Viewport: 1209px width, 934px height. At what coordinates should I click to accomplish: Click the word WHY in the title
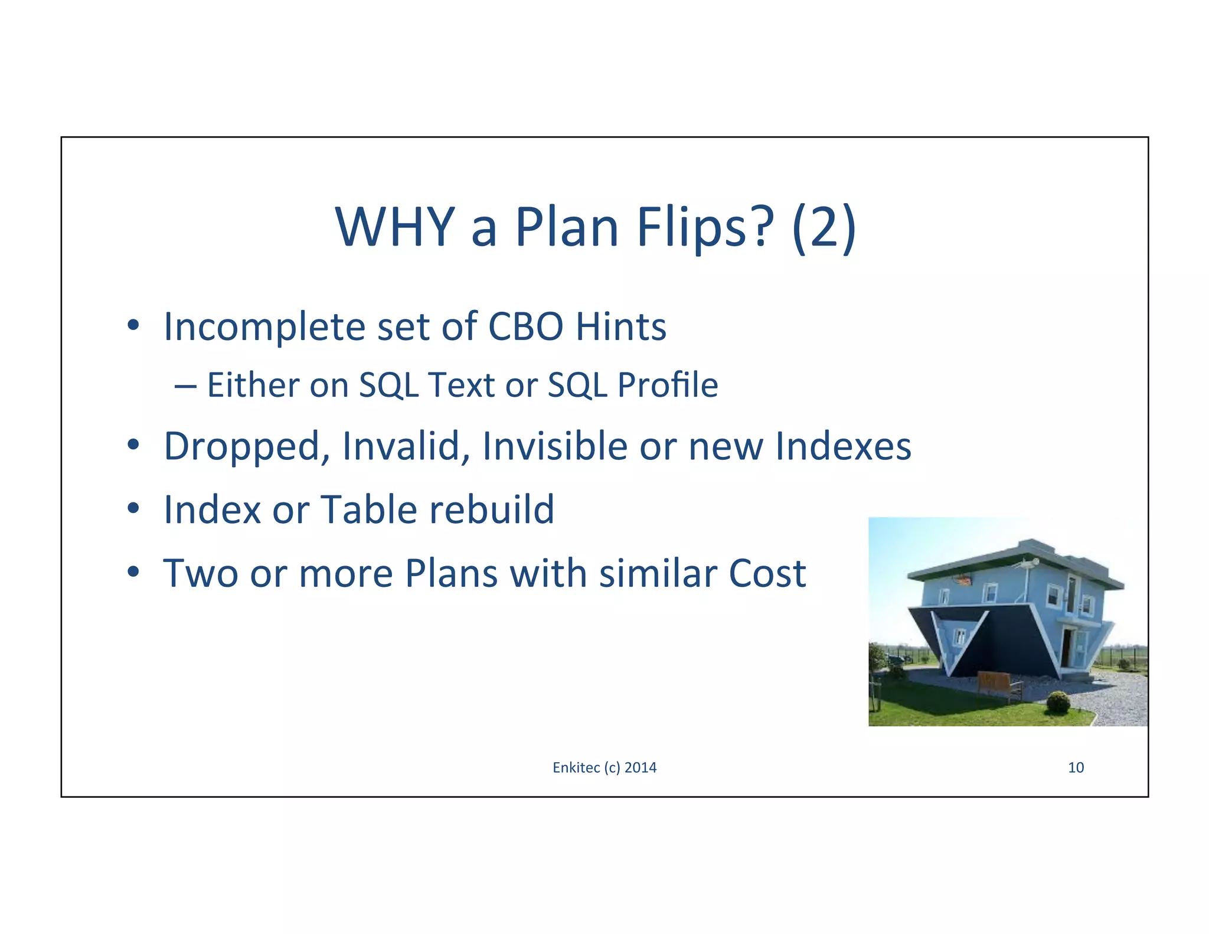[394, 227]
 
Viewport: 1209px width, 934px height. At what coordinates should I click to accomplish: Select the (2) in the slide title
[824, 227]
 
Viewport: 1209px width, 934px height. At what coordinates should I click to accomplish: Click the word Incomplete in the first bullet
[264, 326]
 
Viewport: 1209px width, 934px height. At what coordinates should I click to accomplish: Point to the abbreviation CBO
[525, 326]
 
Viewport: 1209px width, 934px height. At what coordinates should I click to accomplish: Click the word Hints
[621, 326]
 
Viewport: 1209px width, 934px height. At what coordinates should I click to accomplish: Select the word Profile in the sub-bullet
[667, 386]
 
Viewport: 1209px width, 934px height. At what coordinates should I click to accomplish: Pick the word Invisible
[555, 446]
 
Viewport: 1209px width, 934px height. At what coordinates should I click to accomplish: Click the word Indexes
[843, 446]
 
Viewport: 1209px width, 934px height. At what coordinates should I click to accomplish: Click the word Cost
[767, 573]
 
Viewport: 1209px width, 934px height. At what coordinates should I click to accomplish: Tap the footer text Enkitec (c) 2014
[604, 768]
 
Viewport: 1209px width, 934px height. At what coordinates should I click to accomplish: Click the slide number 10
[1076, 768]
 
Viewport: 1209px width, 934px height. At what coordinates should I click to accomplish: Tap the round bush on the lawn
[1058, 703]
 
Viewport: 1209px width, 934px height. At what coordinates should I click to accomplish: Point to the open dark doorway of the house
[1066, 646]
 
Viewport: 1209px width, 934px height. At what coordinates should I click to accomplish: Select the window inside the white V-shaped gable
[961, 636]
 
